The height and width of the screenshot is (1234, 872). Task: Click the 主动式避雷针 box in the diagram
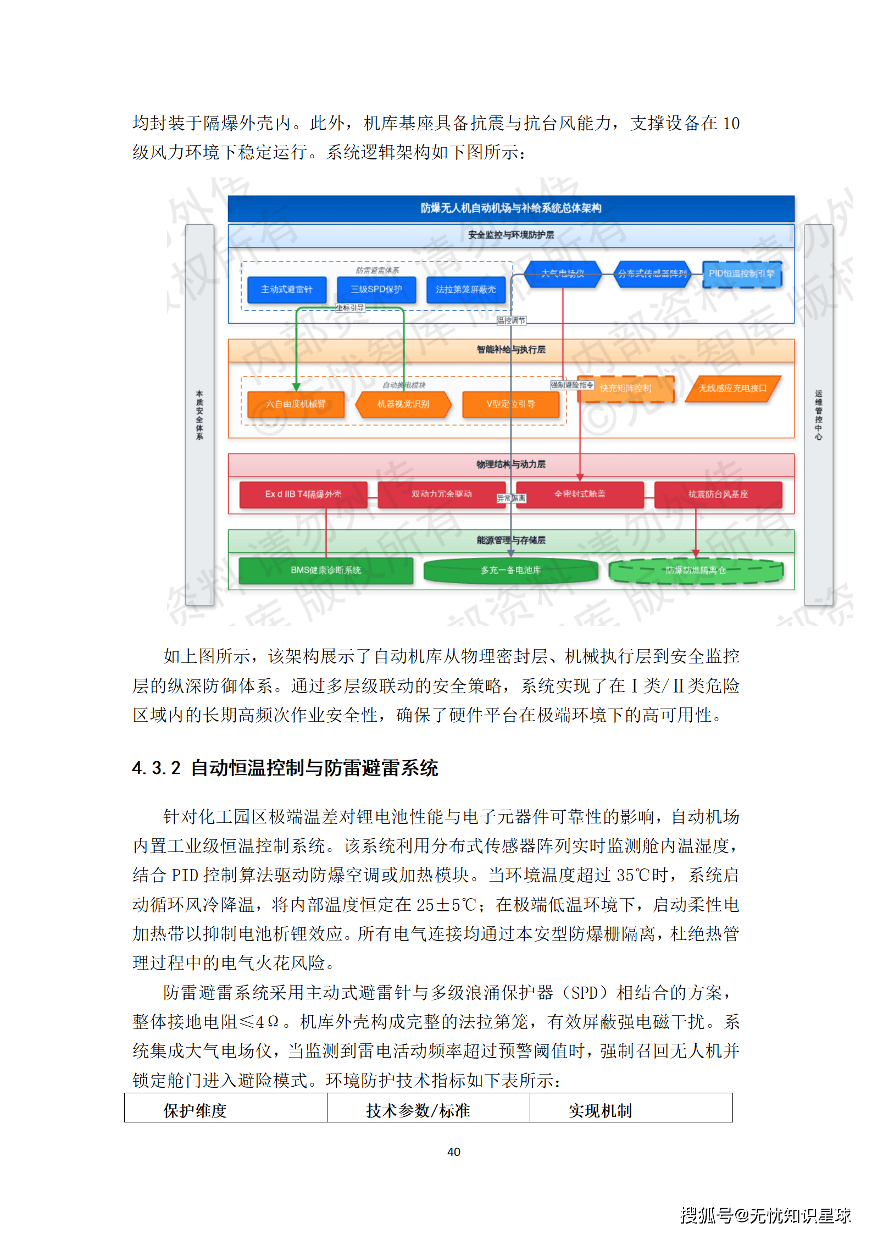[x=286, y=289]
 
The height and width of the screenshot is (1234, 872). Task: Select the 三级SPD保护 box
[x=376, y=289]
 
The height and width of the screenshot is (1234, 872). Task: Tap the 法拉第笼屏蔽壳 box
[x=466, y=289]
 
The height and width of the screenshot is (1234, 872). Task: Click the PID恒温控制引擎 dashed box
[x=741, y=274]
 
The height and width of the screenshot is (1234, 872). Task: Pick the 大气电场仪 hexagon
[x=563, y=274]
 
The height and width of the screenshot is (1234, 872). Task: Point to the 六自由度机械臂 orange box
[x=296, y=404]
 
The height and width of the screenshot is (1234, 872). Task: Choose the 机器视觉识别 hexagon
[x=403, y=404]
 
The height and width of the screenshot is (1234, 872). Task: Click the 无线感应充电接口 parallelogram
[x=732, y=389]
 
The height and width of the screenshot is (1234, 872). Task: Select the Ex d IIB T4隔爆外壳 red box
[x=303, y=494]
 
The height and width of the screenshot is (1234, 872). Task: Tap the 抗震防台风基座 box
[x=718, y=494]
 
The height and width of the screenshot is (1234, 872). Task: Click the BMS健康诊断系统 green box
[x=326, y=570]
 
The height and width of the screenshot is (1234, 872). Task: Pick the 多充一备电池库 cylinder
[x=510, y=571]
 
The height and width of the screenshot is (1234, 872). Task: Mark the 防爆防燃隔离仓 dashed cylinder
[x=696, y=571]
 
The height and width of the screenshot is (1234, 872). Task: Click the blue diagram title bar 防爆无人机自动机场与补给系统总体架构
[x=510, y=208]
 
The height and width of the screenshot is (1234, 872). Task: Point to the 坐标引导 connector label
[x=350, y=308]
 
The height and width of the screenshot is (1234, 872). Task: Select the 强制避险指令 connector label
[x=572, y=385]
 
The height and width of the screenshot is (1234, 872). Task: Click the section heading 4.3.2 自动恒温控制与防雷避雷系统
[x=285, y=768]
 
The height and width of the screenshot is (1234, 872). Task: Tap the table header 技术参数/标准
[x=418, y=1111]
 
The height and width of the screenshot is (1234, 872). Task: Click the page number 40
[x=454, y=1152]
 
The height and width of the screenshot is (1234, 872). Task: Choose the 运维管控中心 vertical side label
[x=818, y=415]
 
